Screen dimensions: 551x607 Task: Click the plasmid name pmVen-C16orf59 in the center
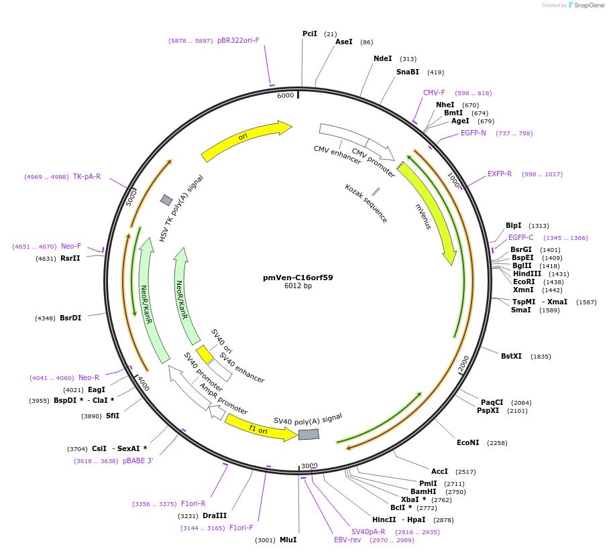coord(298,277)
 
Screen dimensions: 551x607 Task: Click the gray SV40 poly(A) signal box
coord(309,434)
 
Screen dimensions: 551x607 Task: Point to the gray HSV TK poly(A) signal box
coord(166,200)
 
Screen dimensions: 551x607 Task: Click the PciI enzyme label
coord(310,34)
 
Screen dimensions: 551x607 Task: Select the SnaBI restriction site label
coord(407,72)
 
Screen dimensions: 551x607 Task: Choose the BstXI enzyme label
coord(512,356)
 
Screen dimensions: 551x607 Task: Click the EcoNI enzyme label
coord(468,442)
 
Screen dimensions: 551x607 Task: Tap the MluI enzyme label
coord(288,540)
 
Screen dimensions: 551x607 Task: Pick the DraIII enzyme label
coord(215,515)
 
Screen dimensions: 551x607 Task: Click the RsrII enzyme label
coord(70,258)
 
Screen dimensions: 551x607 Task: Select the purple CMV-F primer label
coord(434,93)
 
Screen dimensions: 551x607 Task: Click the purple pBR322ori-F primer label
coord(238,40)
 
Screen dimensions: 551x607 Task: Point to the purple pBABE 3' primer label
coord(138,461)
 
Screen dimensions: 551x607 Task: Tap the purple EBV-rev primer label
coord(347,540)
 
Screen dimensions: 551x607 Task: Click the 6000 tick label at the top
coord(286,95)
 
